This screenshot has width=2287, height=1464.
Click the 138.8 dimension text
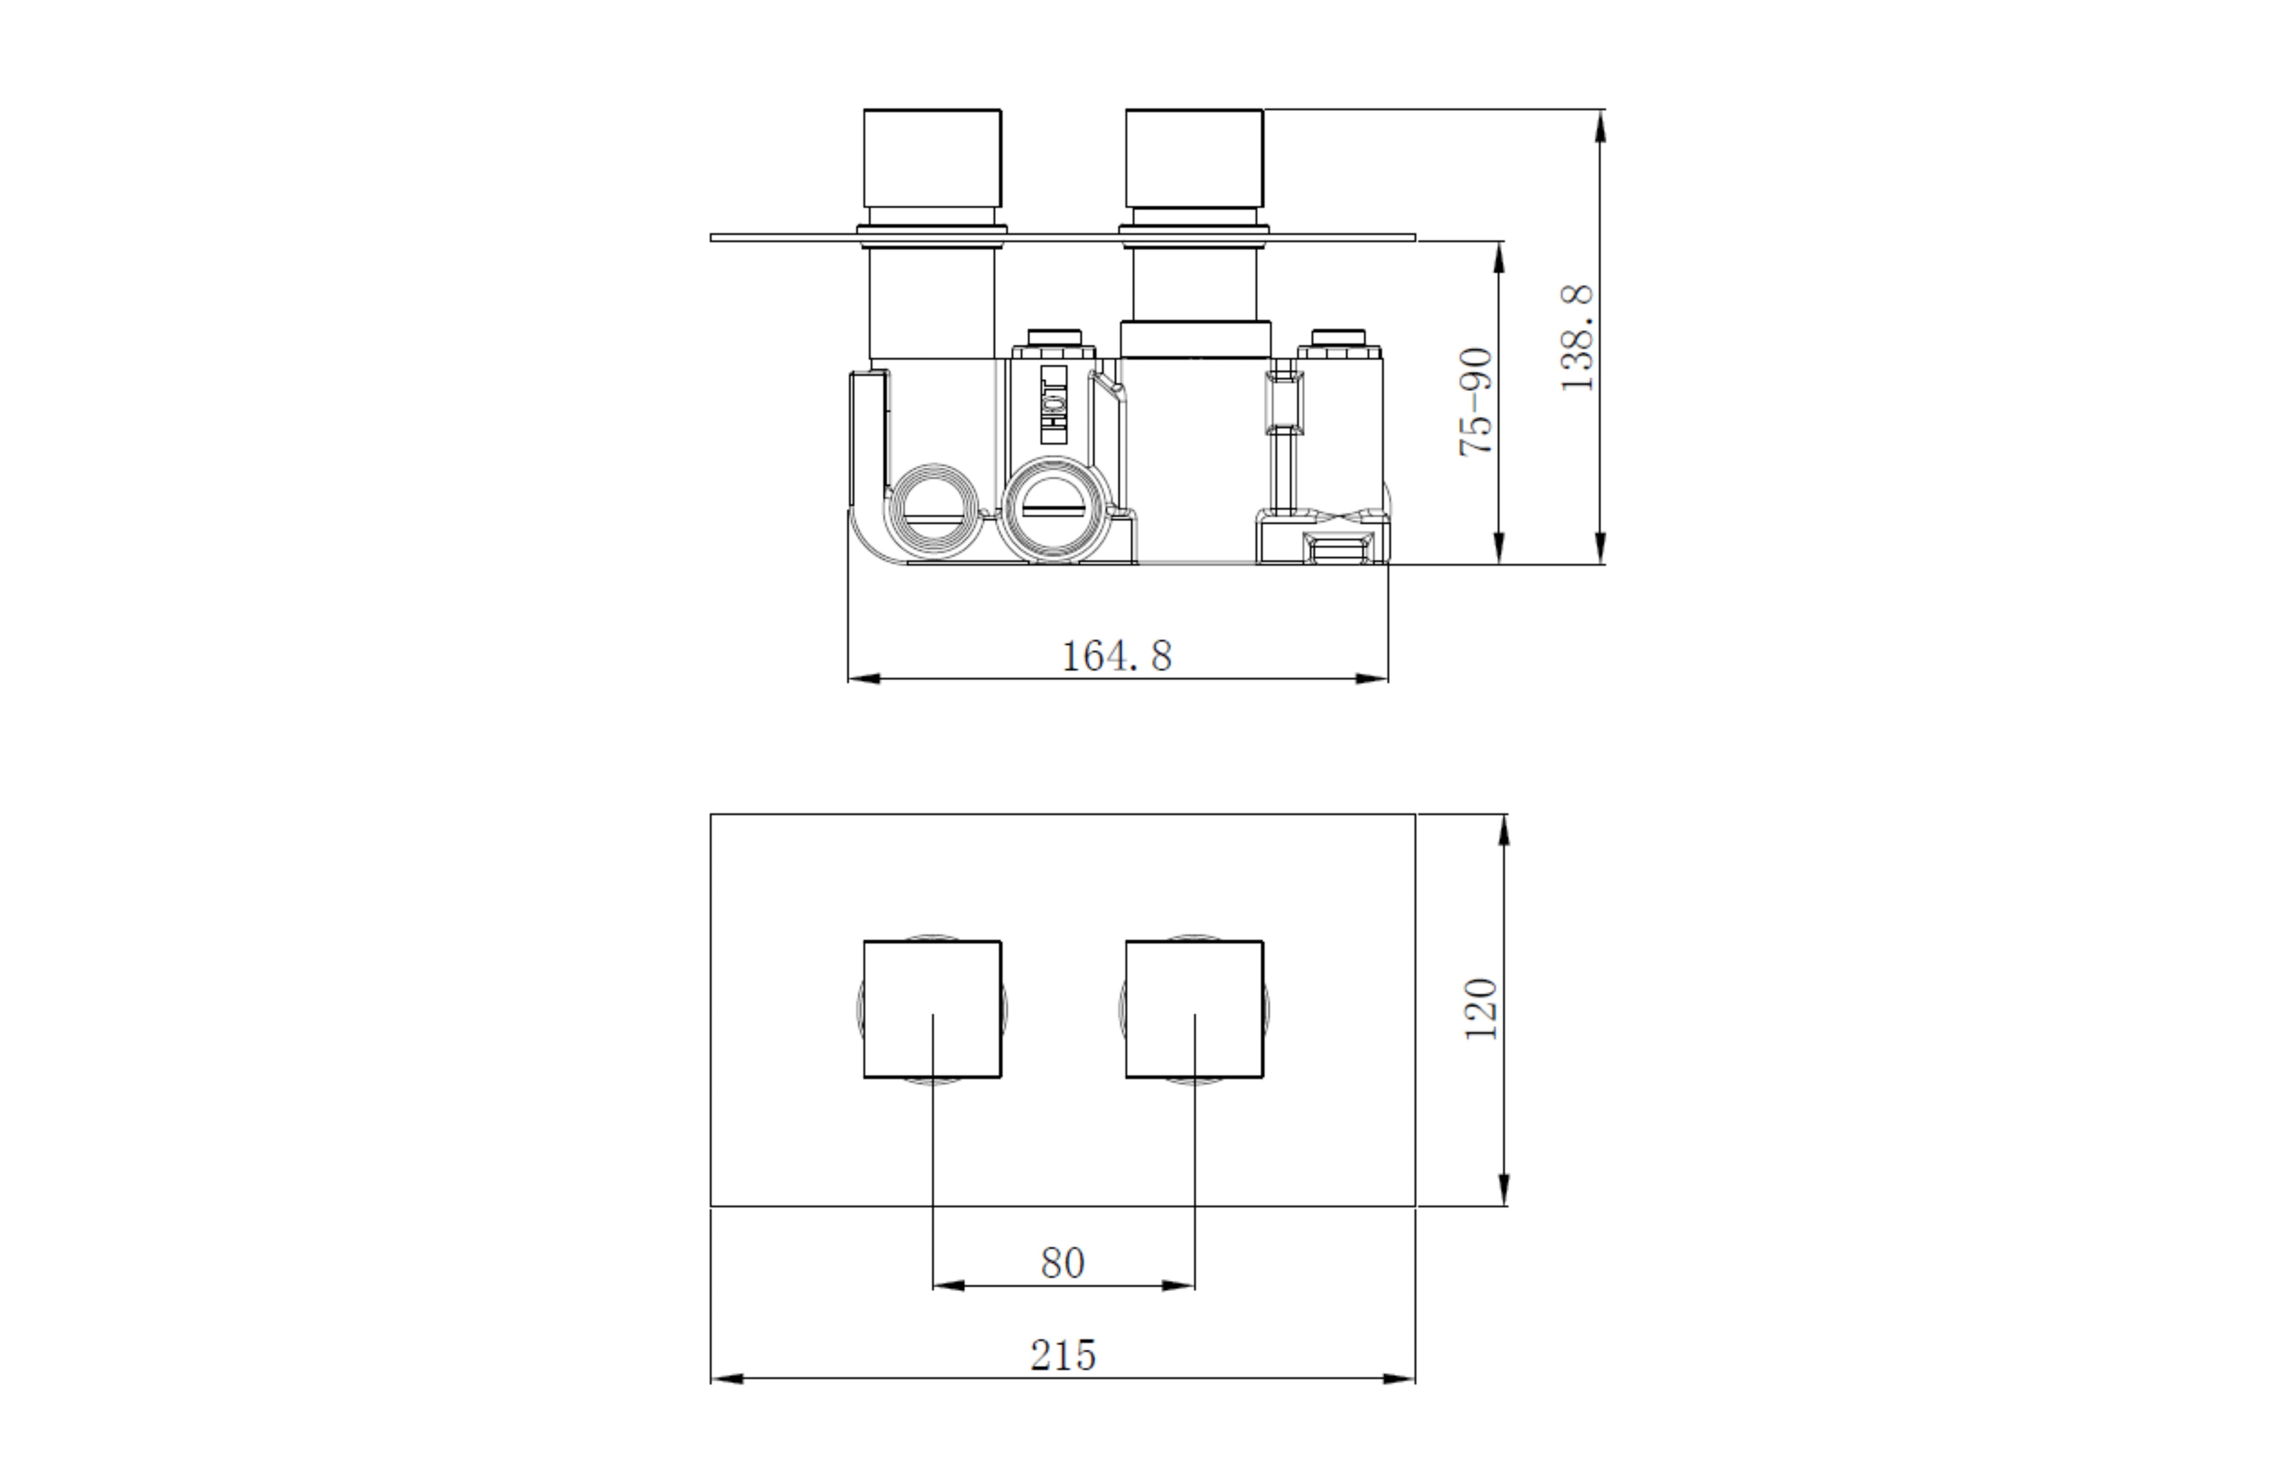point(1577,338)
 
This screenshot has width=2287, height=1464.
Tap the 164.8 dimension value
point(1116,656)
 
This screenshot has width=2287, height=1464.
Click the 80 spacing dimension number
point(1063,1263)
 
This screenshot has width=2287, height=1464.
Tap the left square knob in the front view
point(931,1010)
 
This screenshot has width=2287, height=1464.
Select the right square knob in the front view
point(1194,1010)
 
